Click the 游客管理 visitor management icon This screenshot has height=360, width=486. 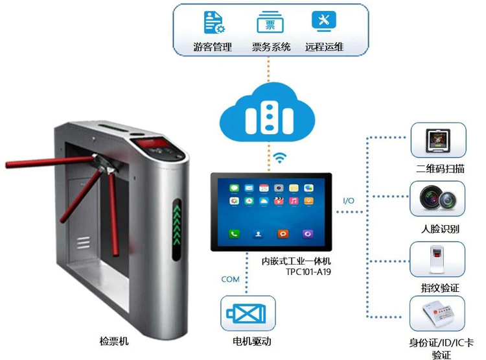[214, 23]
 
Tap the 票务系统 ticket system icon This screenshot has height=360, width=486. [270, 23]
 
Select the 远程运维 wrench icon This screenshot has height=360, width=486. [323, 21]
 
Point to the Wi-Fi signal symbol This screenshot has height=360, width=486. [280, 157]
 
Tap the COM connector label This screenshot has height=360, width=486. [230, 280]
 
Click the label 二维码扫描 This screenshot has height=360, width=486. [441, 169]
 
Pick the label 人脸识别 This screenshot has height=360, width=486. [441, 228]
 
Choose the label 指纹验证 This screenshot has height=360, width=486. [441, 287]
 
